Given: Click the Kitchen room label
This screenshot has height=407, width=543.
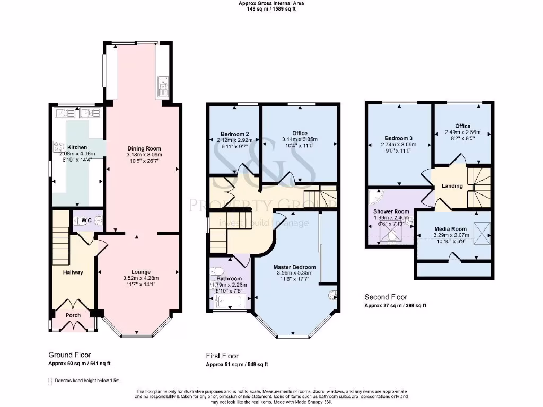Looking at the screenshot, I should [76, 147].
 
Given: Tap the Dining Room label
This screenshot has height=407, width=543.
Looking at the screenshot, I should [144, 148].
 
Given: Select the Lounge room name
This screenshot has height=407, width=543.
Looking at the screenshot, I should [141, 272].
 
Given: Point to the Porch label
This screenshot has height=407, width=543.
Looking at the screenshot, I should [73, 315].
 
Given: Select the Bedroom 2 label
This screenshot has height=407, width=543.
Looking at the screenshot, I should [235, 134].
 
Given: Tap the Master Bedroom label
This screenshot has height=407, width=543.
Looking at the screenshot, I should [295, 267].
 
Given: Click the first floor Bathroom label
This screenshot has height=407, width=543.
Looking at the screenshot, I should [230, 278].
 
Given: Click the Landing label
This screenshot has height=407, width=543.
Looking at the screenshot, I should [452, 186].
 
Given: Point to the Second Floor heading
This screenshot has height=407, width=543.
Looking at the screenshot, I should [386, 297].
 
